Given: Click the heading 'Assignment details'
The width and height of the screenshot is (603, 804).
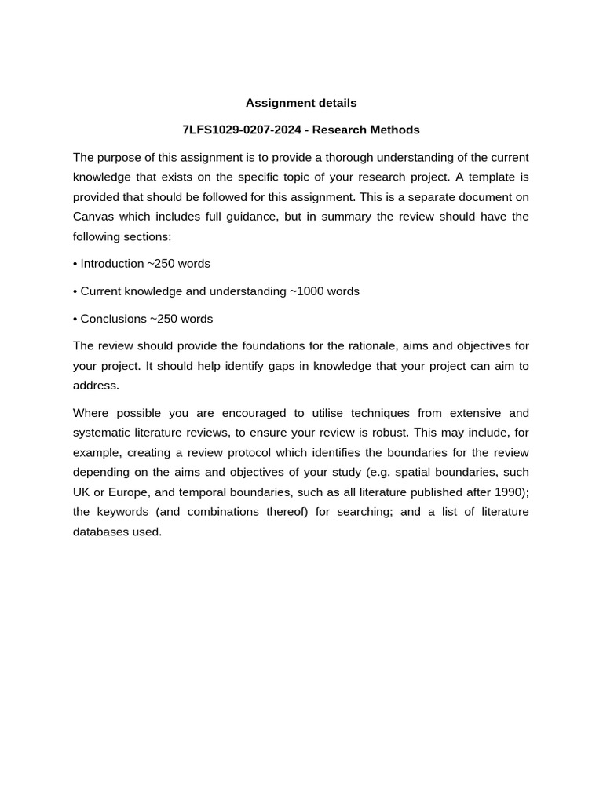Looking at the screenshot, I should [301, 103].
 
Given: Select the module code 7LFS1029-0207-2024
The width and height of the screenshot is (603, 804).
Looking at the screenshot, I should [241, 130].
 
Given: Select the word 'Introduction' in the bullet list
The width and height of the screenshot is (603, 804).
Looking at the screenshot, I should [112, 264].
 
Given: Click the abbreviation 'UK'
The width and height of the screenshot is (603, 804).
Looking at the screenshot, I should [82, 492].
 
